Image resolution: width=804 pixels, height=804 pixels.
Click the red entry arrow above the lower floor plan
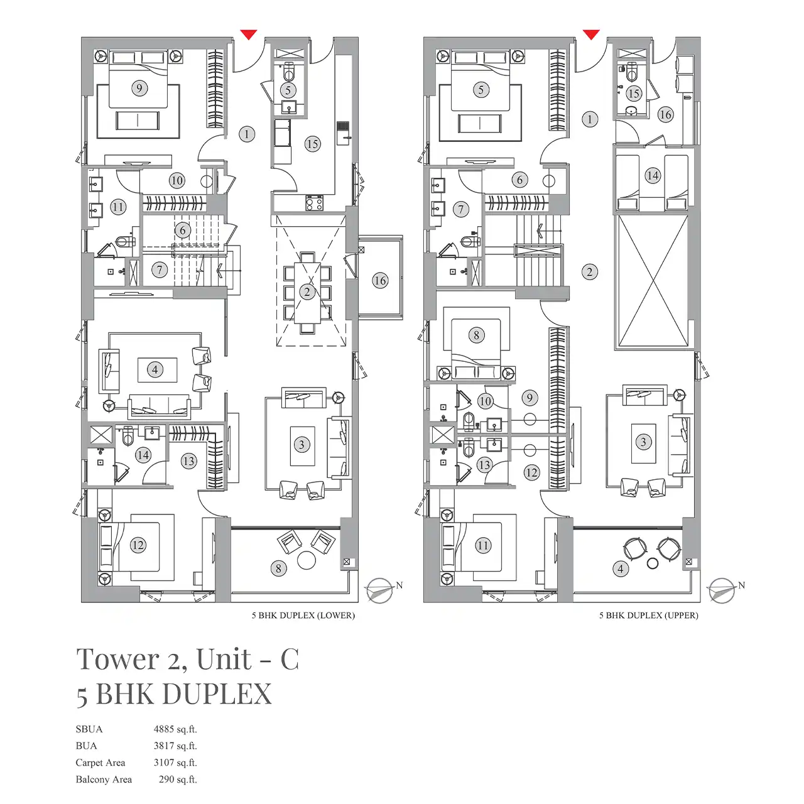point(249,35)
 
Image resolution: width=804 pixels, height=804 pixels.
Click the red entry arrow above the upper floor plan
point(591,35)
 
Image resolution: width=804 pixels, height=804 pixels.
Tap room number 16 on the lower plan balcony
point(379,280)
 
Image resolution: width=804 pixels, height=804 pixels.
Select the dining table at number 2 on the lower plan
point(308,293)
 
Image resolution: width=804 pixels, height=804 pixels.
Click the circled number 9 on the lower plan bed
point(139,89)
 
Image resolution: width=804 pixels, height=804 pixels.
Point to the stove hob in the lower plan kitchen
point(314,202)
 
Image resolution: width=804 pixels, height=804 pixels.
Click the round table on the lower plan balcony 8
point(307,560)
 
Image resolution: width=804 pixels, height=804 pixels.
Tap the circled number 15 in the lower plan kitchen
point(312,144)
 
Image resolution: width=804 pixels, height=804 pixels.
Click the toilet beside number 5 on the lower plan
point(288,72)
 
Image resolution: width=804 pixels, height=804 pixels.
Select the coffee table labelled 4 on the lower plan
point(157,370)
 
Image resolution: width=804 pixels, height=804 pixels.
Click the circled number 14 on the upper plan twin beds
point(653,175)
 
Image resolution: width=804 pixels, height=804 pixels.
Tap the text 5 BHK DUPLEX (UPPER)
point(649,616)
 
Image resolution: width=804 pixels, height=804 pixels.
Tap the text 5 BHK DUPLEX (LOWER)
point(303,616)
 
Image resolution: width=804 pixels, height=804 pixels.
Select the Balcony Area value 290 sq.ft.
point(178,779)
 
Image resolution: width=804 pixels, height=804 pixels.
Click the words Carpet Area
point(100,763)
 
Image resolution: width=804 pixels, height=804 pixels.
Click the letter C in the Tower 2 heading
point(290,660)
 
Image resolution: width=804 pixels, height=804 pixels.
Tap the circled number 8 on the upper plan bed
point(477,335)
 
